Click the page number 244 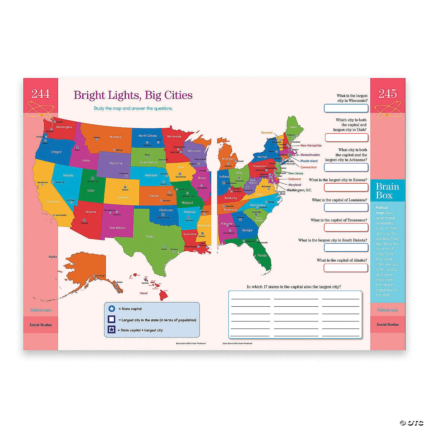[40, 94]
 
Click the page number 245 [387, 94]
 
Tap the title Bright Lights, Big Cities [133, 95]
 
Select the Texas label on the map [149, 236]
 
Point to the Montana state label [115, 137]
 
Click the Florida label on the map [262, 255]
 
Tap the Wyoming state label [116, 163]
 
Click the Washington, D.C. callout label [299, 190]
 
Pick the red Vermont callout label [267, 133]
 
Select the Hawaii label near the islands [143, 293]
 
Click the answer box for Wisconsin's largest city [346, 108]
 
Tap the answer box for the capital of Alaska [346, 268]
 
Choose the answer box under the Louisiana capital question [346, 207]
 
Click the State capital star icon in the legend [112, 309]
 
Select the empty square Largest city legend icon [112, 319]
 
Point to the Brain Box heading [387, 191]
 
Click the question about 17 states [294, 287]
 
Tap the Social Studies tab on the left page [40, 325]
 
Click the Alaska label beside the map [53, 256]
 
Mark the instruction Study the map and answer [133, 108]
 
